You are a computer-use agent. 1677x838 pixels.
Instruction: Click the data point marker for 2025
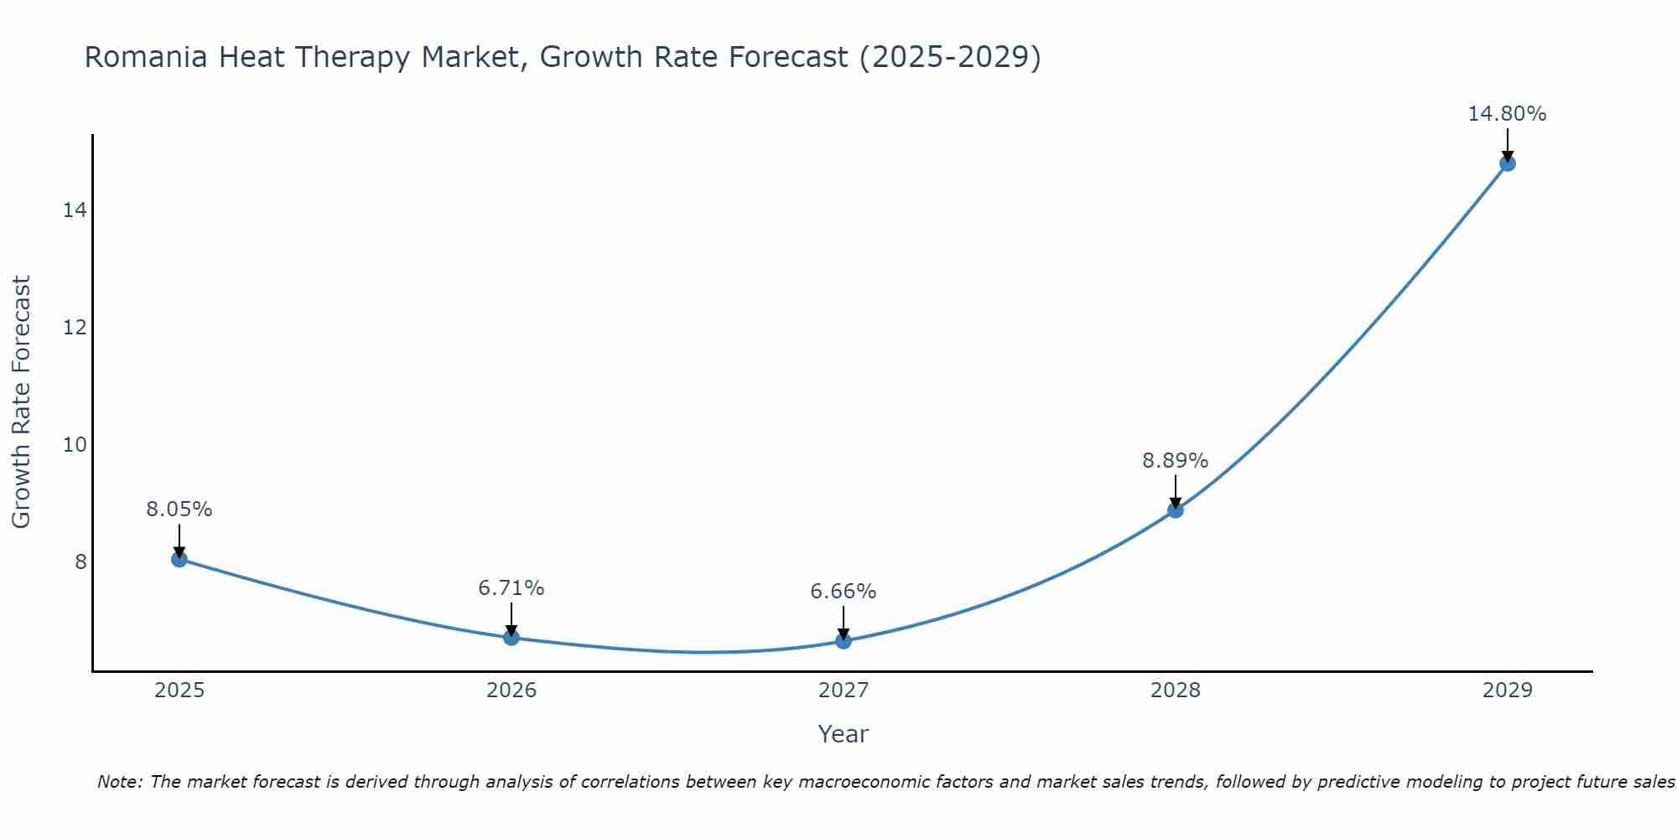179,559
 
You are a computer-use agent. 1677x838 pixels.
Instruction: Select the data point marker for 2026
511,638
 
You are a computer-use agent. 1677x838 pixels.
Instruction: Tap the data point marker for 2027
844,641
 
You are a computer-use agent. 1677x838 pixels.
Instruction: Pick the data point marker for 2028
1176,510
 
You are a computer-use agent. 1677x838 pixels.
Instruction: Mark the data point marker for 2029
1508,163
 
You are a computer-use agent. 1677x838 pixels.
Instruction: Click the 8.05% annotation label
179,510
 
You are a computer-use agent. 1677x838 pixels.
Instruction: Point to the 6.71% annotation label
511,588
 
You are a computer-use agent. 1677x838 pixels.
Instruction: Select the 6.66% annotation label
844,592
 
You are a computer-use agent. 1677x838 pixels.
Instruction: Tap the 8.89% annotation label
1176,461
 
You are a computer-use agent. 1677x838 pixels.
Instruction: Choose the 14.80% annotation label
1507,114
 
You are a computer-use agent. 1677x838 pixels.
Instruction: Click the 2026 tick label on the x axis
511,691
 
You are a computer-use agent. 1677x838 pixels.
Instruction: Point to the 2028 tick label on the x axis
1176,691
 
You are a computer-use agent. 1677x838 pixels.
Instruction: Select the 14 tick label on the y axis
75,210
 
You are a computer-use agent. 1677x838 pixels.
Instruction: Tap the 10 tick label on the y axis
75,445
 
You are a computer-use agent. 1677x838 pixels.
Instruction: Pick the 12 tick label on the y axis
75,328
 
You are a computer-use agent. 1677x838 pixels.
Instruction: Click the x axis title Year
844,734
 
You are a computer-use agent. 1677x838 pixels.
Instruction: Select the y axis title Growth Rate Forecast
22,402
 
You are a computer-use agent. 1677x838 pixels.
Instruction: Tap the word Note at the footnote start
121,783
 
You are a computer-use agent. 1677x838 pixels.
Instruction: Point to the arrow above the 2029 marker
1508,144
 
